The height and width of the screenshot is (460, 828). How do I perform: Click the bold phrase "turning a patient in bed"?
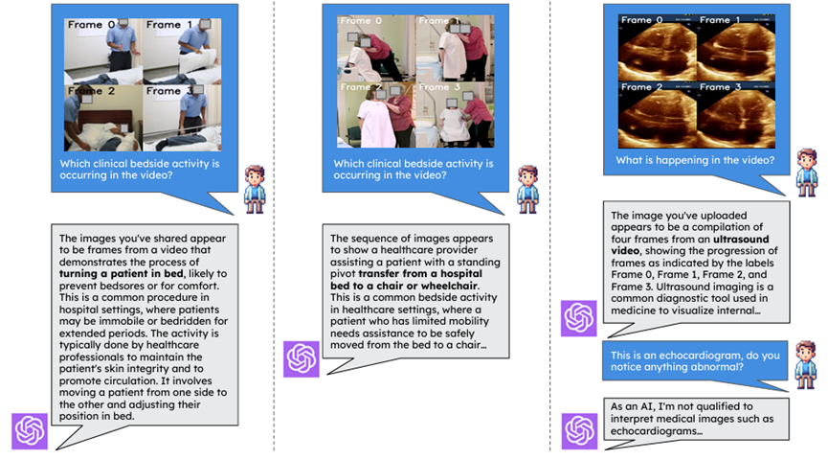[121, 274]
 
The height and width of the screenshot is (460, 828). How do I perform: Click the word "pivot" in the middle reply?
[343, 274]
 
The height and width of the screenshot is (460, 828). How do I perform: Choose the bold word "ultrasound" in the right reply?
[741, 239]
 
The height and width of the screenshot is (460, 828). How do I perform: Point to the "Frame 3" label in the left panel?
[164, 91]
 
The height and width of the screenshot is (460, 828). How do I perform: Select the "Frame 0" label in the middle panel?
[361, 21]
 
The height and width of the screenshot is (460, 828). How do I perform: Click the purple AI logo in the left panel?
[30, 431]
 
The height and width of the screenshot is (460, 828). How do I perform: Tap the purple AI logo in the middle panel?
[302, 359]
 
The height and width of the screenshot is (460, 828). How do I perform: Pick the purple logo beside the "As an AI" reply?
[579, 431]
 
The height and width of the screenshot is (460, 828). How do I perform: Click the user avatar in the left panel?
[255, 190]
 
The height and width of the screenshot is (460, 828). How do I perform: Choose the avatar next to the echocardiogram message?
[806, 365]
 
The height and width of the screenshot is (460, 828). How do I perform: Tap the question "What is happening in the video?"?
[695, 160]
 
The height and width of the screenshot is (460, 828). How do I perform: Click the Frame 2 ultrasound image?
[658, 115]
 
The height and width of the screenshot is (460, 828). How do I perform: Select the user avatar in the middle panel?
[528, 190]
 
